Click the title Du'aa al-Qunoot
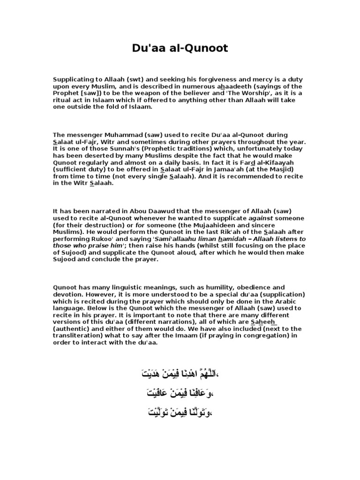point(180,48)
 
